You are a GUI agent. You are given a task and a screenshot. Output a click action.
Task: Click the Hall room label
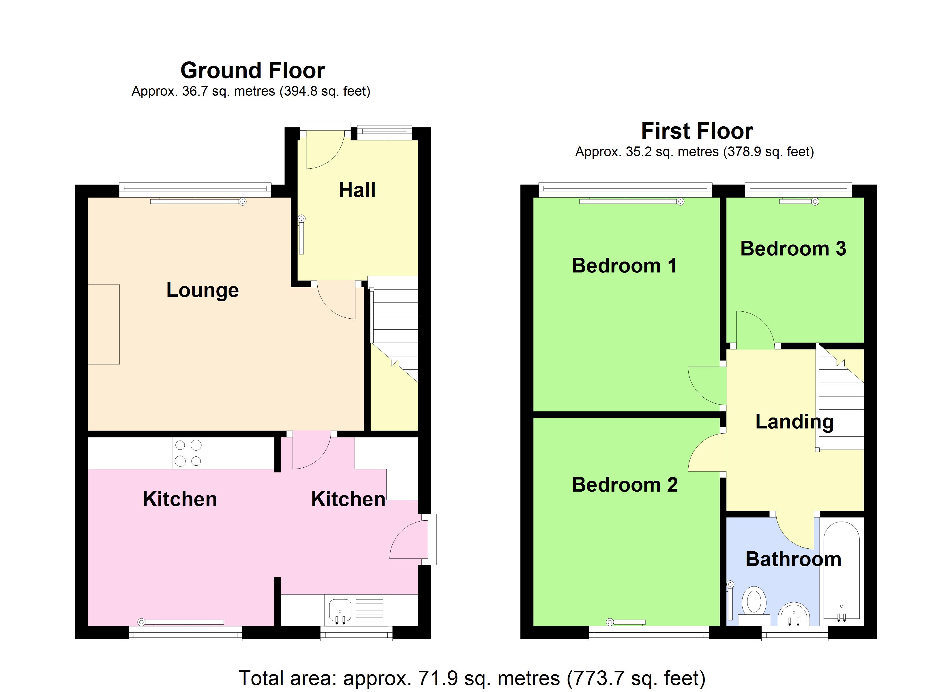(357, 190)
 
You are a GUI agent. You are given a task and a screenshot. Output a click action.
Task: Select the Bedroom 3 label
(793, 249)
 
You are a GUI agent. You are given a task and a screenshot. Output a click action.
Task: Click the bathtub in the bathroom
(841, 571)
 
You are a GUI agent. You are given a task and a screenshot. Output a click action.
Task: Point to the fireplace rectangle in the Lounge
(104, 324)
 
